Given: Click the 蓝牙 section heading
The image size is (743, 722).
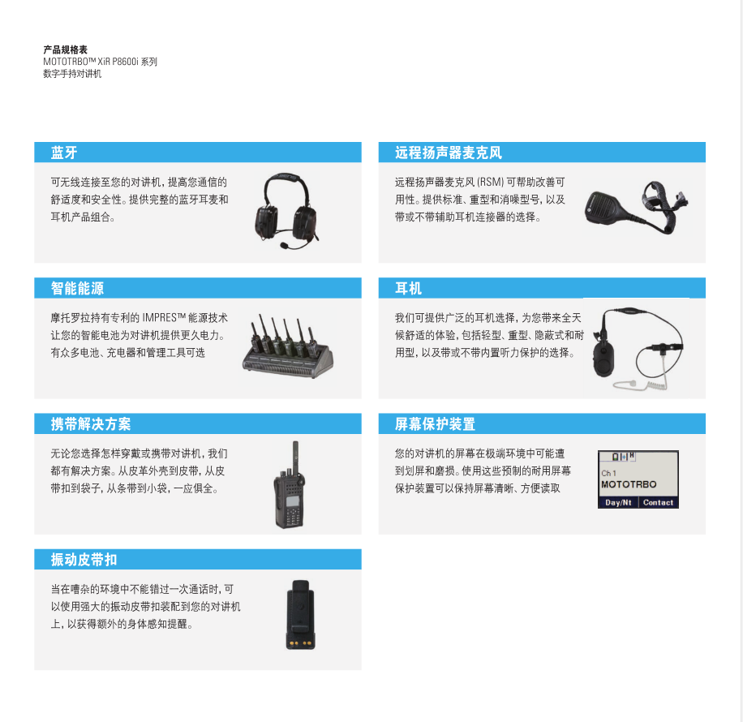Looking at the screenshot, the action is tap(64, 153).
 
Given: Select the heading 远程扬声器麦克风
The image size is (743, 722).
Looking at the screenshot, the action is tap(449, 153).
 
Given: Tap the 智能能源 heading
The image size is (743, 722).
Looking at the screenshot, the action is tap(77, 288).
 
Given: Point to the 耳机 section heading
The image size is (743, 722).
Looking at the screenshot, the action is tap(408, 288).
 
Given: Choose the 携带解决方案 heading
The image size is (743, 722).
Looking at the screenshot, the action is tap(91, 423).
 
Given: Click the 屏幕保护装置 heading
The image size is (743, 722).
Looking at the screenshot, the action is tap(435, 423).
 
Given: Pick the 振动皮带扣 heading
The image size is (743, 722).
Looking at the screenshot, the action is tap(84, 560).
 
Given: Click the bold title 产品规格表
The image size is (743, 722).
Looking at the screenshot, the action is tap(66, 49).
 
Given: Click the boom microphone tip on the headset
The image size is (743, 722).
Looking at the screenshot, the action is tap(284, 246).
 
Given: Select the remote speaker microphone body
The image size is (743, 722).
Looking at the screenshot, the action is tap(603, 206).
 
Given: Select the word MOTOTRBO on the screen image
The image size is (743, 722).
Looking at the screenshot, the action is tap(629, 484).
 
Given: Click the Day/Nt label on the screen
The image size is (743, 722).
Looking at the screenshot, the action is tap(618, 502).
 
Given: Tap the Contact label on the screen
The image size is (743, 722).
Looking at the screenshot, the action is tap(658, 502).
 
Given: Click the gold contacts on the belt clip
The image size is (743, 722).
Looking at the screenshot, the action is tap(300, 644).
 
